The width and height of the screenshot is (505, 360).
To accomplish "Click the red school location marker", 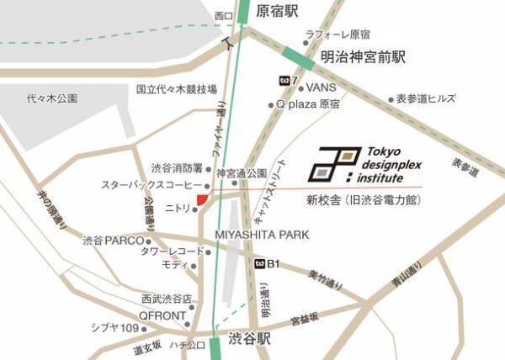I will click(201, 198).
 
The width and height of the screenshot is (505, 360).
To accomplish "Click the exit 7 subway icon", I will click(283, 81).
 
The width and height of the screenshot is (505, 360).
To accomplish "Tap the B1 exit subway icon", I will click(261, 264).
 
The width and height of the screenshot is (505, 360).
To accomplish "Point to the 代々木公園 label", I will click(51, 98).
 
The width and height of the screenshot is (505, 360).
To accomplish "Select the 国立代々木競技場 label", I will click(177, 88).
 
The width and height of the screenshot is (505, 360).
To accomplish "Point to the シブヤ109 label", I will click(114, 328).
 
